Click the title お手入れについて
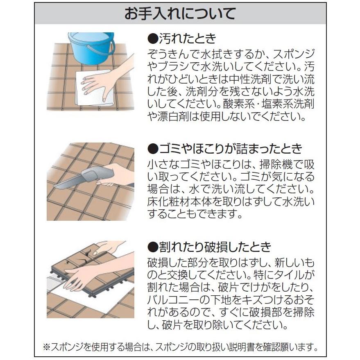point(180,14)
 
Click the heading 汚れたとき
point(186,39)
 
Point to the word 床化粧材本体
point(180,202)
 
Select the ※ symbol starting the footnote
point(46,347)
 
